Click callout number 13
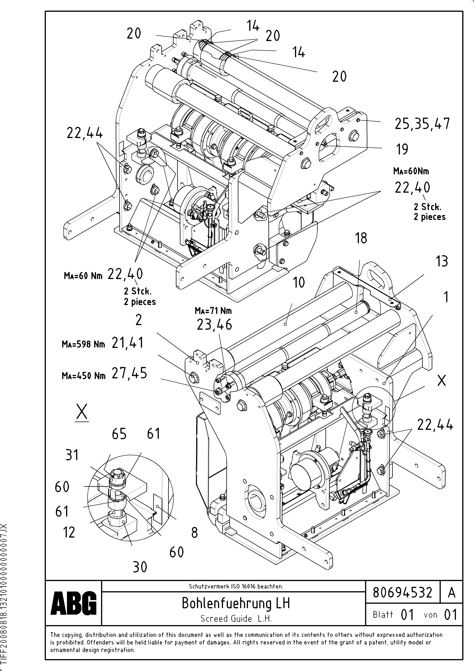pos(442,261)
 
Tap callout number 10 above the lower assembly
pos(298,282)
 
